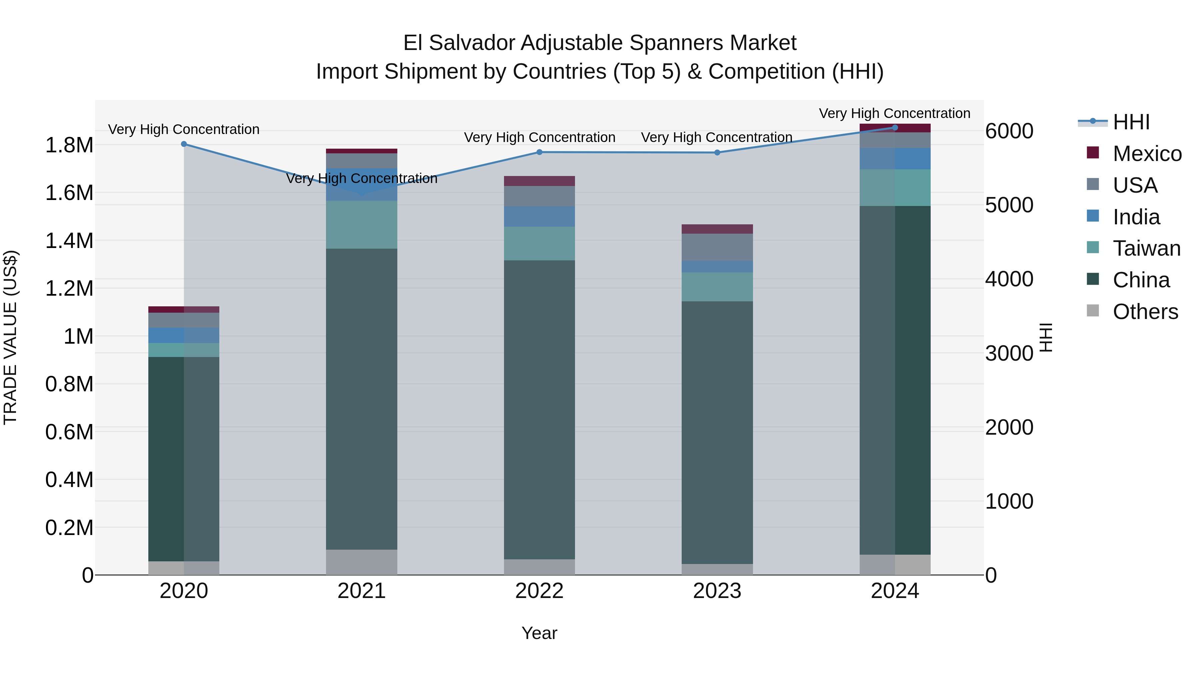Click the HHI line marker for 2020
(x=184, y=144)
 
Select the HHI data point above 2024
(x=895, y=127)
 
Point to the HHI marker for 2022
(x=539, y=152)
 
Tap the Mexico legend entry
(x=1147, y=154)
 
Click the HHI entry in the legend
(x=1131, y=122)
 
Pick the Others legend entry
(x=1145, y=312)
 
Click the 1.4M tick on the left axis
(x=69, y=241)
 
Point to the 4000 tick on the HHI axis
(x=1009, y=279)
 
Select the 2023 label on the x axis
(x=717, y=591)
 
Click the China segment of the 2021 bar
(x=361, y=398)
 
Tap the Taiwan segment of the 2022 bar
(x=539, y=243)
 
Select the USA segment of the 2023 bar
(x=717, y=247)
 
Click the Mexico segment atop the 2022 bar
(x=539, y=181)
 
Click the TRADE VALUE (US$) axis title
(x=10, y=337)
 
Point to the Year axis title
(x=539, y=633)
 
